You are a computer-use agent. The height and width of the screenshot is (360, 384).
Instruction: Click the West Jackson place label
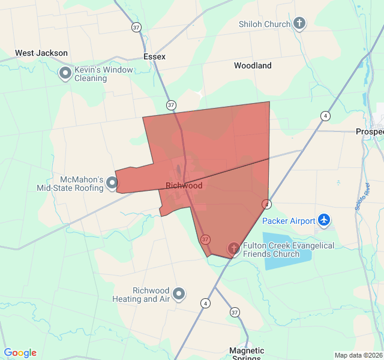41,53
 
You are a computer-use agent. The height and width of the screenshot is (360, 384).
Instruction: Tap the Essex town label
154,56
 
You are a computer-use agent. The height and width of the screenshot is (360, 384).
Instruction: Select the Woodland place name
253,65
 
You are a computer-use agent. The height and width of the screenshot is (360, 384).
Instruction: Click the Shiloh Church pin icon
299,24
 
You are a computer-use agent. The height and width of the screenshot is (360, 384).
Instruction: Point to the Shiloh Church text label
265,24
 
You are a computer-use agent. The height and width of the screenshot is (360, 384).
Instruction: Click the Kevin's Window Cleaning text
103,74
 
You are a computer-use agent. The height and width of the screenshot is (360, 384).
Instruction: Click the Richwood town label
184,185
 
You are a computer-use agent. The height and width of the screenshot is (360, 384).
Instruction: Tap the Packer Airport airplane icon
325,220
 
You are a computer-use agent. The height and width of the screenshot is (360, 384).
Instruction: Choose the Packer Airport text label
289,221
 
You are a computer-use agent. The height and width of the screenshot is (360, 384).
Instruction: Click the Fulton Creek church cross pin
234,248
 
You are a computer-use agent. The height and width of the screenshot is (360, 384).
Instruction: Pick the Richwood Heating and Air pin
179,294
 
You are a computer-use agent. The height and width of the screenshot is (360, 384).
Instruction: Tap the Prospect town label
370,131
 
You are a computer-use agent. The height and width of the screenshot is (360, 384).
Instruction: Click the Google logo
20,353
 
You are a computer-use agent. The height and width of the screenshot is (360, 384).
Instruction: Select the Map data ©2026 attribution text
358,355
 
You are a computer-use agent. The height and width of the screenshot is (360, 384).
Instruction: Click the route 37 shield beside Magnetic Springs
235,313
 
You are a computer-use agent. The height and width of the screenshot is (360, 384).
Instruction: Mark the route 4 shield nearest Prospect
325,116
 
